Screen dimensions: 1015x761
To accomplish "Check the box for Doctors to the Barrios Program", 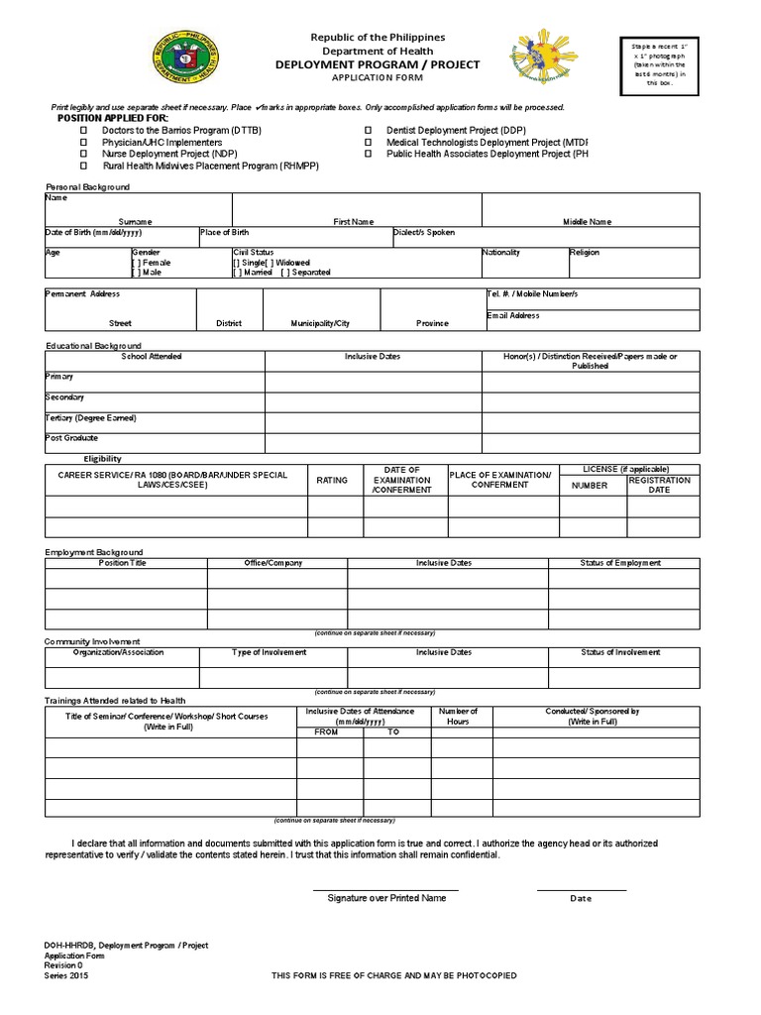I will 84,131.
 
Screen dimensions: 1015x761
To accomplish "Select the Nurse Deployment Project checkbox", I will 84,155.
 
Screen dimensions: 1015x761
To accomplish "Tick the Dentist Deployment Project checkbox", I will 368,131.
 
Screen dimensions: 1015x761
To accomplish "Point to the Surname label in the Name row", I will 136,222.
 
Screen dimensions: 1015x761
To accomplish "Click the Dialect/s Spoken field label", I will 424,232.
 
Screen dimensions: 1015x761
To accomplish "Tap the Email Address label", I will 513,315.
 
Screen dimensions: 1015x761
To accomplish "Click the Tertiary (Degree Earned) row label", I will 90,418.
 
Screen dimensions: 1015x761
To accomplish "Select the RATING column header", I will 332,481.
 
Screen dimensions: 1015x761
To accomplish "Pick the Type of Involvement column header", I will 269,652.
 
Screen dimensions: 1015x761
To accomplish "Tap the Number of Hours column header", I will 458,717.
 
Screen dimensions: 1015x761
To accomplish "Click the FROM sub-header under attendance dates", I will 326,732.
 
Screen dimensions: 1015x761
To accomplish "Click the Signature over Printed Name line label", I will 386,898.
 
